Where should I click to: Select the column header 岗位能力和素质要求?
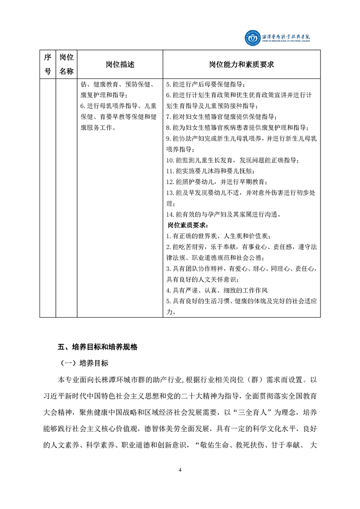tap(242, 64)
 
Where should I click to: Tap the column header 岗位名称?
tap(66, 64)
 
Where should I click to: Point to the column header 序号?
tap(47, 64)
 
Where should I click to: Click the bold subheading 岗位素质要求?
tap(187, 225)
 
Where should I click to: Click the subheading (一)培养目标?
tap(84, 363)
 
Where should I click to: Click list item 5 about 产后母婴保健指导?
tap(206, 84)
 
